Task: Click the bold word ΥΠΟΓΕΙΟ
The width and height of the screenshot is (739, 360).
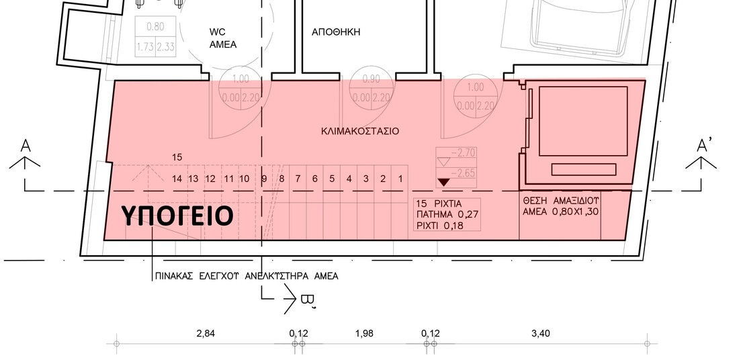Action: (x=177, y=216)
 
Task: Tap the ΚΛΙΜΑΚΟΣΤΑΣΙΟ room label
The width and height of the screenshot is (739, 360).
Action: (x=359, y=132)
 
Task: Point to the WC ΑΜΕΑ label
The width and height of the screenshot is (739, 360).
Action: (x=219, y=38)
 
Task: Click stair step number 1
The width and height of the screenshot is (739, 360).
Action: (x=400, y=179)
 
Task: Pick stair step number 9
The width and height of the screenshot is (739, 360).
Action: (x=264, y=179)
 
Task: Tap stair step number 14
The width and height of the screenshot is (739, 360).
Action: (x=177, y=179)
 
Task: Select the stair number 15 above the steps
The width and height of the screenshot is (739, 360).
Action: (x=177, y=156)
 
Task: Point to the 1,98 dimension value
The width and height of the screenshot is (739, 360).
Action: (x=363, y=332)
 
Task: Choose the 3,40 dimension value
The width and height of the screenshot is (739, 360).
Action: (x=539, y=332)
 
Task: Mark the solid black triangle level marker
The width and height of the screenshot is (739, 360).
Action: (x=443, y=182)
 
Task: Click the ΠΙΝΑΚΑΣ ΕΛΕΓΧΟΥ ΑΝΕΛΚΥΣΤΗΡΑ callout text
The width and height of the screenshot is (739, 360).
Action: (x=246, y=276)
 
